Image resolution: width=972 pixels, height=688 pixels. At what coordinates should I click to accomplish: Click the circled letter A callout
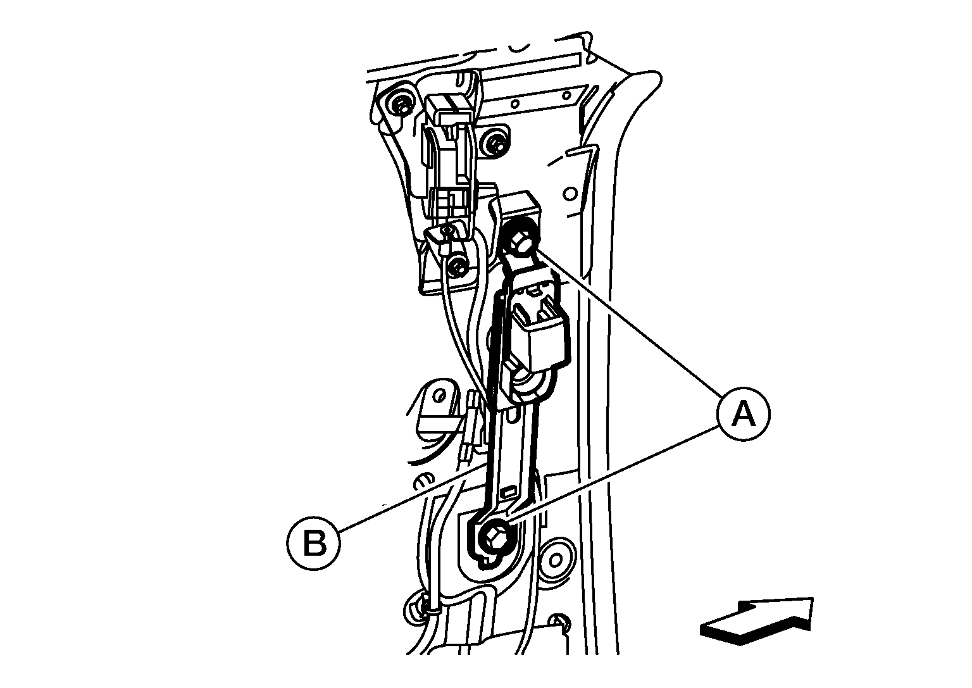[744, 414]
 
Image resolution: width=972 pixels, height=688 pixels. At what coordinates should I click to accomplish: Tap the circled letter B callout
[313, 543]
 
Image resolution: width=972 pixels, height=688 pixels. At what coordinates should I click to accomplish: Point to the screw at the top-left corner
[399, 104]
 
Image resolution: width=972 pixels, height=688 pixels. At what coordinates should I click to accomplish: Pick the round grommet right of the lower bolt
[556, 560]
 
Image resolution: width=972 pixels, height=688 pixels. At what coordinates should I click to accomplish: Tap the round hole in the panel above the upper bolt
[571, 193]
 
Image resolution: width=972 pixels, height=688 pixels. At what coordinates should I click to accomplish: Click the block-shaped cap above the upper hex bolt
[520, 208]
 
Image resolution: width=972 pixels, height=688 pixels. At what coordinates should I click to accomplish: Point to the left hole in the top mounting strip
[514, 104]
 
